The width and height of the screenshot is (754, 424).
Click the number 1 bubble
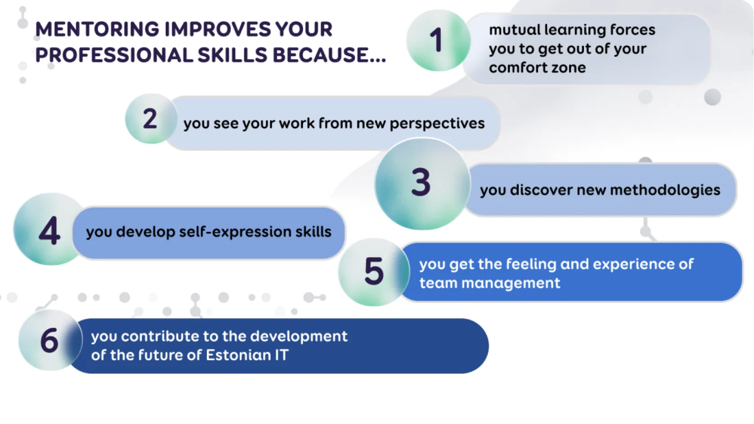438,40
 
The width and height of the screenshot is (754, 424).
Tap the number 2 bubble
151,119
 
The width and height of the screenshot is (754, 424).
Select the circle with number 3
422,184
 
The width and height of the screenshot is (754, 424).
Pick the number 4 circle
49,230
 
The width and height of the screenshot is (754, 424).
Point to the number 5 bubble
373,272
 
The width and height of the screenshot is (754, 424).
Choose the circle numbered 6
50,340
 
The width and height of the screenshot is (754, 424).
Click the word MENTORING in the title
97,29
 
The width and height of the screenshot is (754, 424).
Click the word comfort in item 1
516,68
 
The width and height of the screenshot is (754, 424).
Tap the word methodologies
665,190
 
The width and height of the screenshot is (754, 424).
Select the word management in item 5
511,284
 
